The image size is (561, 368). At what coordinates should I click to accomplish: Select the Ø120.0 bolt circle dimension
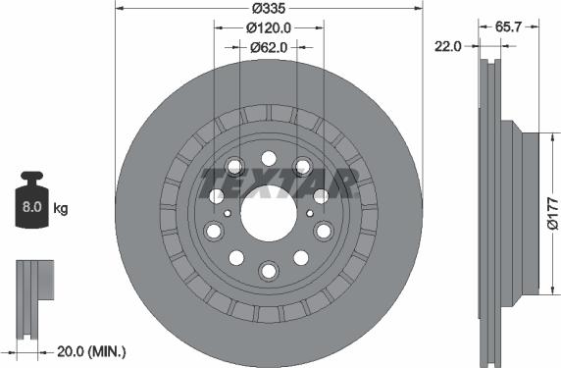tap(268, 27)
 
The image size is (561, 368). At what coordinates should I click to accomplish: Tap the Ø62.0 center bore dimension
tap(268, 46)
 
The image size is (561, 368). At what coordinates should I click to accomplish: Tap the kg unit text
tap(61, 209)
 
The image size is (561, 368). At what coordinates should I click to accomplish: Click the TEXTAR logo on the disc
tap(278, 183)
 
